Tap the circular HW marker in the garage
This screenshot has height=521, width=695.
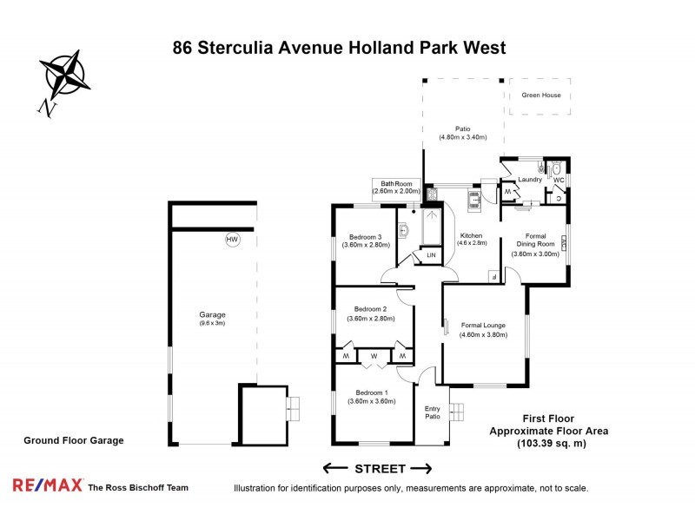[232, 240]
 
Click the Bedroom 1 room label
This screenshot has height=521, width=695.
[367, 392]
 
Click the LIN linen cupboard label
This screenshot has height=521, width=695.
[431, 255]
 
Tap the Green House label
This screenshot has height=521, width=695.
[540, 96]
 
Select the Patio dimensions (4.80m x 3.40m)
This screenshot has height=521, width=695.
[462, 137]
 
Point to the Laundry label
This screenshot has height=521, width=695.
[530, 180]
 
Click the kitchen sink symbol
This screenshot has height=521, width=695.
[474, 201]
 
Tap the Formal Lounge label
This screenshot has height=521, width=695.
[483, 325]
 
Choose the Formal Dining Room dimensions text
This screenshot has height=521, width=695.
[535, 254]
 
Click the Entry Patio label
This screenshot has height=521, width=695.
[432, 412]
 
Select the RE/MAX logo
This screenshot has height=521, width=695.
[47, 487]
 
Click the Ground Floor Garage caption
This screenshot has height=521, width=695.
[73, 440]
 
